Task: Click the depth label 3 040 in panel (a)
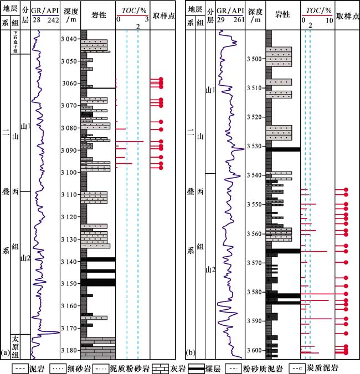70,39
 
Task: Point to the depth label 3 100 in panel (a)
70,173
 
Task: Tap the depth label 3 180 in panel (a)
70,350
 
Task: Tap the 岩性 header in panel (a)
97,15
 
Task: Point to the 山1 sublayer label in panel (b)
210,90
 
